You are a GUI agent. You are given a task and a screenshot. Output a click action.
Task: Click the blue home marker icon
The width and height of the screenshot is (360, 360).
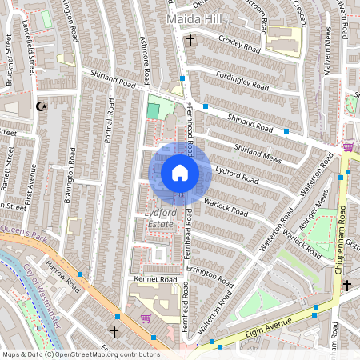pyautogui.click(x=180, y=172)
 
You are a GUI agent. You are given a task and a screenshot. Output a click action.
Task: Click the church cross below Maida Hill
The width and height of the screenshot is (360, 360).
pyautogui.click(x=190, y=39)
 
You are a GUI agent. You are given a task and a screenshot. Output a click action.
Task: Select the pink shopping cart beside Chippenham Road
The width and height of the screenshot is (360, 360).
pyautogui.click(x=348, y=147)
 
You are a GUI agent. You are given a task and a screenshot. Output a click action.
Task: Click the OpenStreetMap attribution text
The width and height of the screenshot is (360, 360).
pyautogui.click(x=80, y=354)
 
